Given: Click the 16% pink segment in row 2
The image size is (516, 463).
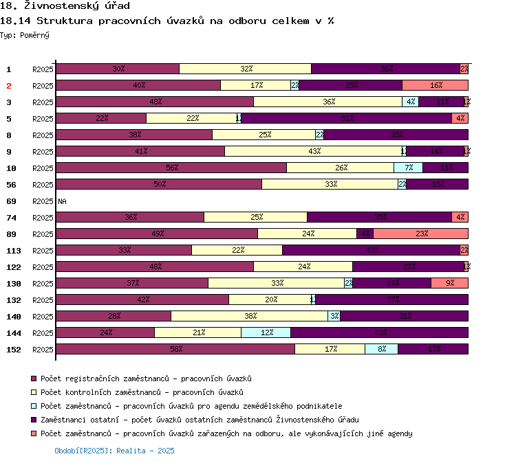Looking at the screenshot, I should (435, 85).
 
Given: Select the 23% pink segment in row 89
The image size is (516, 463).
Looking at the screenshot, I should (420, 234).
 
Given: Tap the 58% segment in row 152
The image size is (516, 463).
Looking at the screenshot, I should (175, 349).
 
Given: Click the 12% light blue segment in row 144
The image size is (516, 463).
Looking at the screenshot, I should (266, 332).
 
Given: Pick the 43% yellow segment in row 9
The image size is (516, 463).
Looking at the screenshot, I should (313, 151).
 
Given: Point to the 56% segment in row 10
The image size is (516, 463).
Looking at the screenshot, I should (171, 168).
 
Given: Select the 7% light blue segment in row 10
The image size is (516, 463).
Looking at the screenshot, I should (408, 168).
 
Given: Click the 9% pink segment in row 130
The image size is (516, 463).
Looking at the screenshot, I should (449, 283).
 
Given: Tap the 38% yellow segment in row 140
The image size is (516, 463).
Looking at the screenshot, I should (249, 316).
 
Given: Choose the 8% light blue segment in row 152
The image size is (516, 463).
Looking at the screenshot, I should (381, 349).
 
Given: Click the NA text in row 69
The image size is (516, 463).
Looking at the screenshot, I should (62, 201).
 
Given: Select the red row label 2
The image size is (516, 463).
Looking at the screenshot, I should (9, 86).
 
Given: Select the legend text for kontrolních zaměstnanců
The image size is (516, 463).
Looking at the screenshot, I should (142, 392).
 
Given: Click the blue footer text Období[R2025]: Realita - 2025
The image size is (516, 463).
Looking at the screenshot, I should (114, 451).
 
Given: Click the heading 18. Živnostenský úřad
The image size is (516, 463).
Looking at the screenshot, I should (65, 6).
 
